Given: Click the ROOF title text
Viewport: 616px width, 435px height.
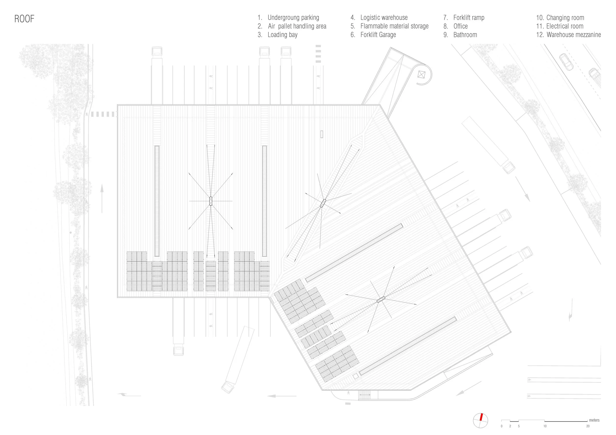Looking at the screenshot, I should tap(24, 19).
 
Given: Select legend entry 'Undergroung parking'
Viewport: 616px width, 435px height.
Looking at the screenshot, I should tap(293, 18).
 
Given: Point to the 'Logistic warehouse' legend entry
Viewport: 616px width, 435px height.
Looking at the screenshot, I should tap(384, 18).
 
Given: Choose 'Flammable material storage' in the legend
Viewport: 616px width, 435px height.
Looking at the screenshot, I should tap(394, 26).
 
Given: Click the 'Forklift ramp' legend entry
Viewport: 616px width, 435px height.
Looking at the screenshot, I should tap(468, 18).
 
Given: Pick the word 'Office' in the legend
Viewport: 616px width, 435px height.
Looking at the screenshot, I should tap(460, 26).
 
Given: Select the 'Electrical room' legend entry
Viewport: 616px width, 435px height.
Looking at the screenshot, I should tap(565, 26).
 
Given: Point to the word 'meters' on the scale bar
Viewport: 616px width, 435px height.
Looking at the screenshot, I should tap(594, 420).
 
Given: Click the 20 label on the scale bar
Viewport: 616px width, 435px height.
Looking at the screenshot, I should tap(588, 426).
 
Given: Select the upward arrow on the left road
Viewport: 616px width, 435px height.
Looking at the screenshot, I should tap(102, 199).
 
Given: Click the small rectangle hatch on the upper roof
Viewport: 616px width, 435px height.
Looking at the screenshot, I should tap(321, 134).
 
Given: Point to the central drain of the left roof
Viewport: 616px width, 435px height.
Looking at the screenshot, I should tap(211, 201).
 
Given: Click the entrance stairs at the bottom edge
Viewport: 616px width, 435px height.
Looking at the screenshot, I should tap(365, 395).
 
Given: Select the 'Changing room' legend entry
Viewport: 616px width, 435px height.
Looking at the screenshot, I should tap(565, 18).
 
